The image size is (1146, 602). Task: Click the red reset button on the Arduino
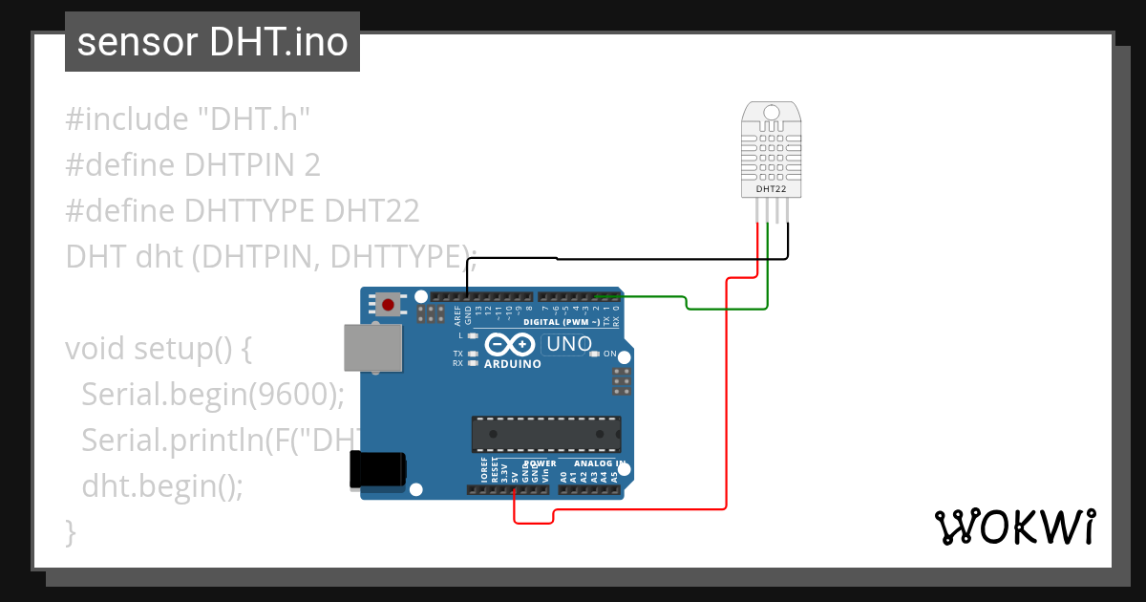coord(388,305)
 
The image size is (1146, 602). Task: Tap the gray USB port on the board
coord(373,347)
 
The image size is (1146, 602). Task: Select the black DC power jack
coord(377,469)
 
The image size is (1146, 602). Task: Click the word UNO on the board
coord(568,344)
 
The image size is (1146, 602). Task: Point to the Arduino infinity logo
coord(511,346)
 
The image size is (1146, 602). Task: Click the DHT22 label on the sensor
coord(771,189)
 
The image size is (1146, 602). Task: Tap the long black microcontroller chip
coord(545,434)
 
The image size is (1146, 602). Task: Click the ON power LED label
coord(609,354)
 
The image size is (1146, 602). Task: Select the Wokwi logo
coord(1014,527)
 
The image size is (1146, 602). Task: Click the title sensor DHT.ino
coord(212,42)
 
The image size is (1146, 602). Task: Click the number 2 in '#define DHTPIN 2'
coord(311,165)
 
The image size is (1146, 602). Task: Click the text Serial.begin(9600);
coord(212,394)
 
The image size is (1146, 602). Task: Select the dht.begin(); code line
coord(162,485)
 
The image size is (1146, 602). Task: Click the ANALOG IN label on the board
coord(600,463)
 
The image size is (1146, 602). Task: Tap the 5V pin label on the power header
coord(515,475)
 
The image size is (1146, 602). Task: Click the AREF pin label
coord(457,316)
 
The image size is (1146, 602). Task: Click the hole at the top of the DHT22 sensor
coord(771,113)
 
